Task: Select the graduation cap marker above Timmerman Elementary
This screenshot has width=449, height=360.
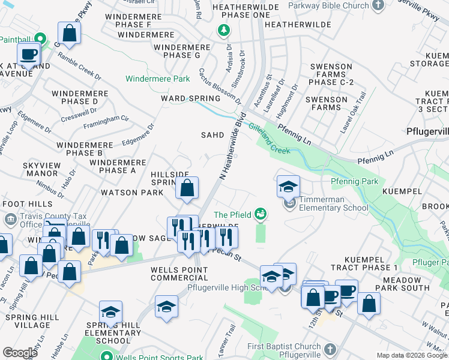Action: [288, 187]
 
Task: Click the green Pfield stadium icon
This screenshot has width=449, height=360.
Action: [261, 213]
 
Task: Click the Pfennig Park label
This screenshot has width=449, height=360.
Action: [354, 181]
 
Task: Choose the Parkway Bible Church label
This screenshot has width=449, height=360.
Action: [328, 6]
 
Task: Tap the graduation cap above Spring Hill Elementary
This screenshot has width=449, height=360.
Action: [110, 312]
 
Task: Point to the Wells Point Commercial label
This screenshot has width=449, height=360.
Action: [179, 273]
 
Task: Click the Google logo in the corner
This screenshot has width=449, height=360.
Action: [20, 353]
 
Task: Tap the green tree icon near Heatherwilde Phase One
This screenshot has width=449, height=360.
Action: [223, 29]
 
